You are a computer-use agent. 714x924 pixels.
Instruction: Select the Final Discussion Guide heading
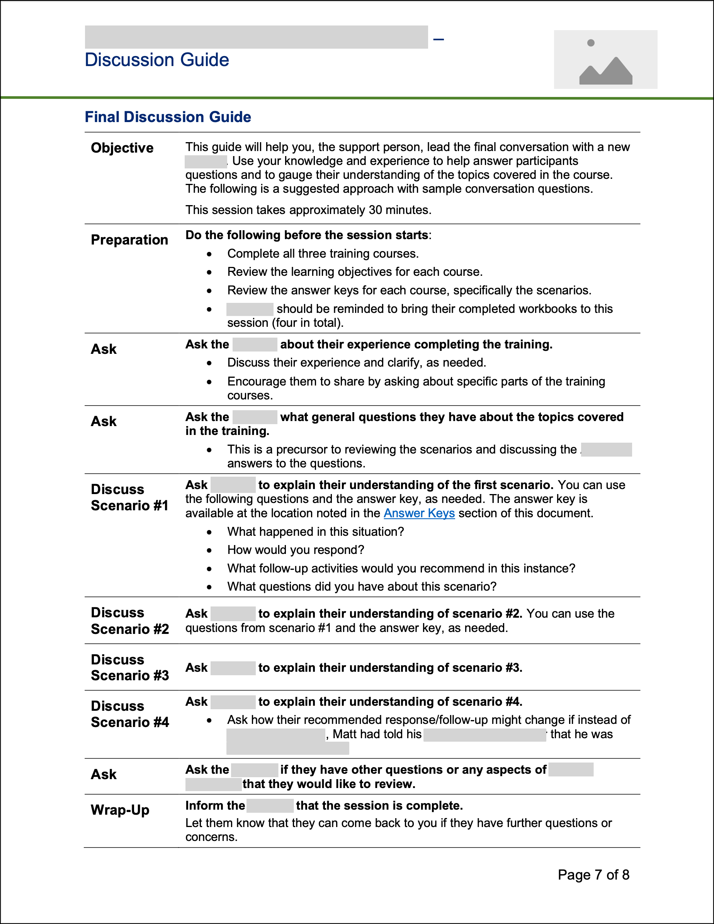pyautogui.click(x=168, y=117)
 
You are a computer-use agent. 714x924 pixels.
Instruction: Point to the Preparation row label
pyautogui.click(x=129, y=240)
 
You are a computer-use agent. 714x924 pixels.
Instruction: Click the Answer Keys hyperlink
pyautogui.click(x=419, y=513)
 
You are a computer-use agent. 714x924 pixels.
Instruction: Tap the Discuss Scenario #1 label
pyautogui.click(x=129, y=498)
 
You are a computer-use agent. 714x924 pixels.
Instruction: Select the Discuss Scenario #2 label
pyautogui.click(x=129, y=621)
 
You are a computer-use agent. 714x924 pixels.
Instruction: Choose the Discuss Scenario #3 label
pyautogui.click(x=129, y=668)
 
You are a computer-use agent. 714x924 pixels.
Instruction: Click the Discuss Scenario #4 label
pyautogui.click(x=129, y=714)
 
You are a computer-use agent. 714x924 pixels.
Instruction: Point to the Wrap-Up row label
pyautogui.click(x=120, y=810)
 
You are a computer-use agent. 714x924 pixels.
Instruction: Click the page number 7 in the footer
pyautogui.click(x=598, y=875)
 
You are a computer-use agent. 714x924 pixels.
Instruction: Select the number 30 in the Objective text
pyautogui.click(x=376, y=210)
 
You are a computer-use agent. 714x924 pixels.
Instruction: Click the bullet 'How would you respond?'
pyautogui.click(x=296, y=550)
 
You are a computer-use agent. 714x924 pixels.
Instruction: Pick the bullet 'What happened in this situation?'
pyautogui.click(x=315, y=532)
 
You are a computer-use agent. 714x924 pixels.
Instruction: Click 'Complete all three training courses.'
pyautogui.click(x=323, y=254)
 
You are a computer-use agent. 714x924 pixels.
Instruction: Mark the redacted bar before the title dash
pyautogui.click(x=256, y=37)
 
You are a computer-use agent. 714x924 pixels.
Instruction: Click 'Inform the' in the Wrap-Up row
pyautogui.click(x=215, y=805)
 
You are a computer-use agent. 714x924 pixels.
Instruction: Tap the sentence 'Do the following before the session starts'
pyautogui.click(x=307, y=235)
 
